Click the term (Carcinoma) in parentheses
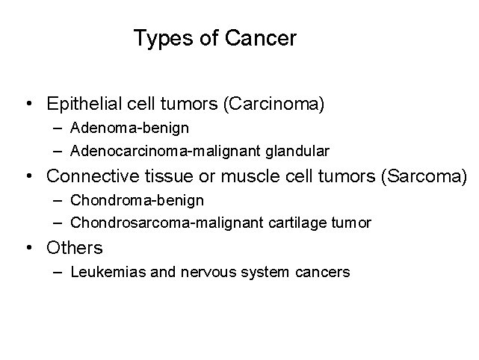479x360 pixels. click(274, 103)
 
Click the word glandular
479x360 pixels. click(299, 151)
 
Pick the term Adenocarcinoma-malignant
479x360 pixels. click(167, 151)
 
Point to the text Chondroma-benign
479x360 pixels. click(137, 200)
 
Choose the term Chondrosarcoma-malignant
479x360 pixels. click(168, 223)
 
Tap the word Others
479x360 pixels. click(74, 247)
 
